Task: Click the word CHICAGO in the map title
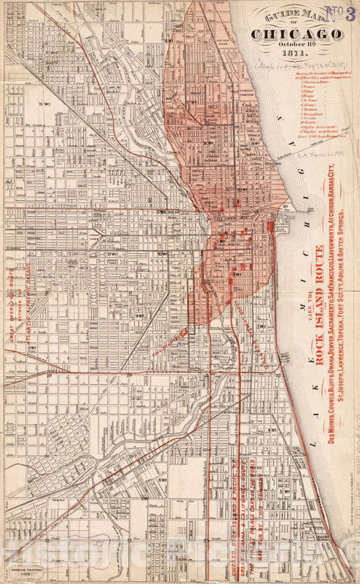tap(296, 34)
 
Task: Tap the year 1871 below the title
tap(296, 57)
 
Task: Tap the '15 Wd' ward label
tap(45, 103)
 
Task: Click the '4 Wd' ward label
tap(272, 429)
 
